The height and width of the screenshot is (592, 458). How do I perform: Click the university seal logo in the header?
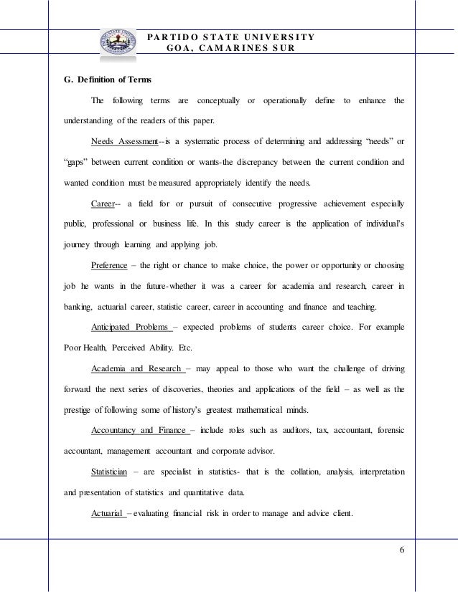tap(119, 44)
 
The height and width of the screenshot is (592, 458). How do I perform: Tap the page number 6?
tap(401, 550)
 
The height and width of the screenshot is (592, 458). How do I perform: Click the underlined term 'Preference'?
tap(109, 267)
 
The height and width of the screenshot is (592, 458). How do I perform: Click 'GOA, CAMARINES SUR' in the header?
tap(229, 48)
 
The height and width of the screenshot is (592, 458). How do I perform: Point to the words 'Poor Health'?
tap(80, 348)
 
